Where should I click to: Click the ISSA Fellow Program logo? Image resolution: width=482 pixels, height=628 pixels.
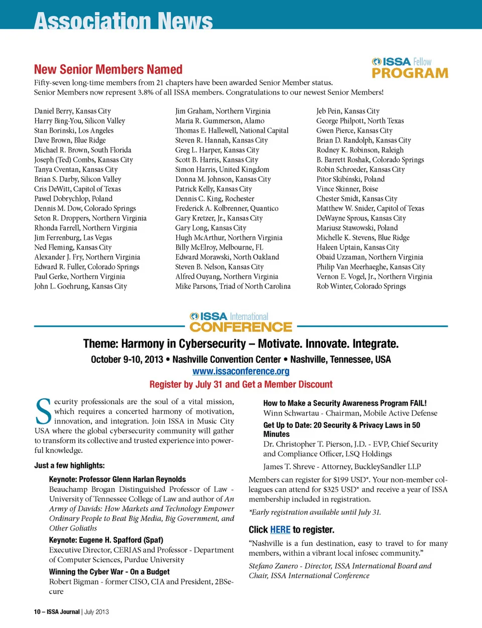coord(410,68)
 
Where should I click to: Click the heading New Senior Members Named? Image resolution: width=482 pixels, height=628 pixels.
coord(108,69)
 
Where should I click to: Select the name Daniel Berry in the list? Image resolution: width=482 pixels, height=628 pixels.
coord(53,111)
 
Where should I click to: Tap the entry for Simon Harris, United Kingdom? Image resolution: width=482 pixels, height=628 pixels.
coord(222,170)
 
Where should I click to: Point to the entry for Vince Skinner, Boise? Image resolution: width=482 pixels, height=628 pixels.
coord(347,189)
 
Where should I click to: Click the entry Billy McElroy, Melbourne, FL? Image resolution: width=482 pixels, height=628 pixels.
coord(219,247)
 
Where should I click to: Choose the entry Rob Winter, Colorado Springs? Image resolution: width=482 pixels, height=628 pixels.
coord(361,287)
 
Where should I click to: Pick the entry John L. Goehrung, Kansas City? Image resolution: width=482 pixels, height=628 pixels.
coord(80,287)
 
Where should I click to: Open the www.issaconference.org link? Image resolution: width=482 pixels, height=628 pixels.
coord(241,371)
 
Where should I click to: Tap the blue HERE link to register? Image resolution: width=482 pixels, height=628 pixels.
coord(280,530)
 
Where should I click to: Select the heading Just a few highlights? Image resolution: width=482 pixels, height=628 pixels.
coord(69,465)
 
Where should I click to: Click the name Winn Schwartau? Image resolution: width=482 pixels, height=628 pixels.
coord(291,413)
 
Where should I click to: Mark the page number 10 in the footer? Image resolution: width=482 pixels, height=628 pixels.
coord(37,611)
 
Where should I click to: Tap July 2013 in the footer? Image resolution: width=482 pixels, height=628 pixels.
coord(96,611)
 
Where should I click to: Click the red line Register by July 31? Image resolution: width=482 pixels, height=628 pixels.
coord(241,385)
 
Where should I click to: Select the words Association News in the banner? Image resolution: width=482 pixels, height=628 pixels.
coord(124,22)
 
